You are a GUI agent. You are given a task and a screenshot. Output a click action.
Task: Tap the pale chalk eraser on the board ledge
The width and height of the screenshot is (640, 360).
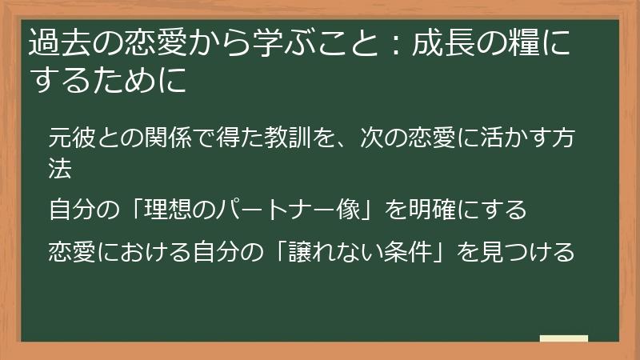[563, 338]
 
